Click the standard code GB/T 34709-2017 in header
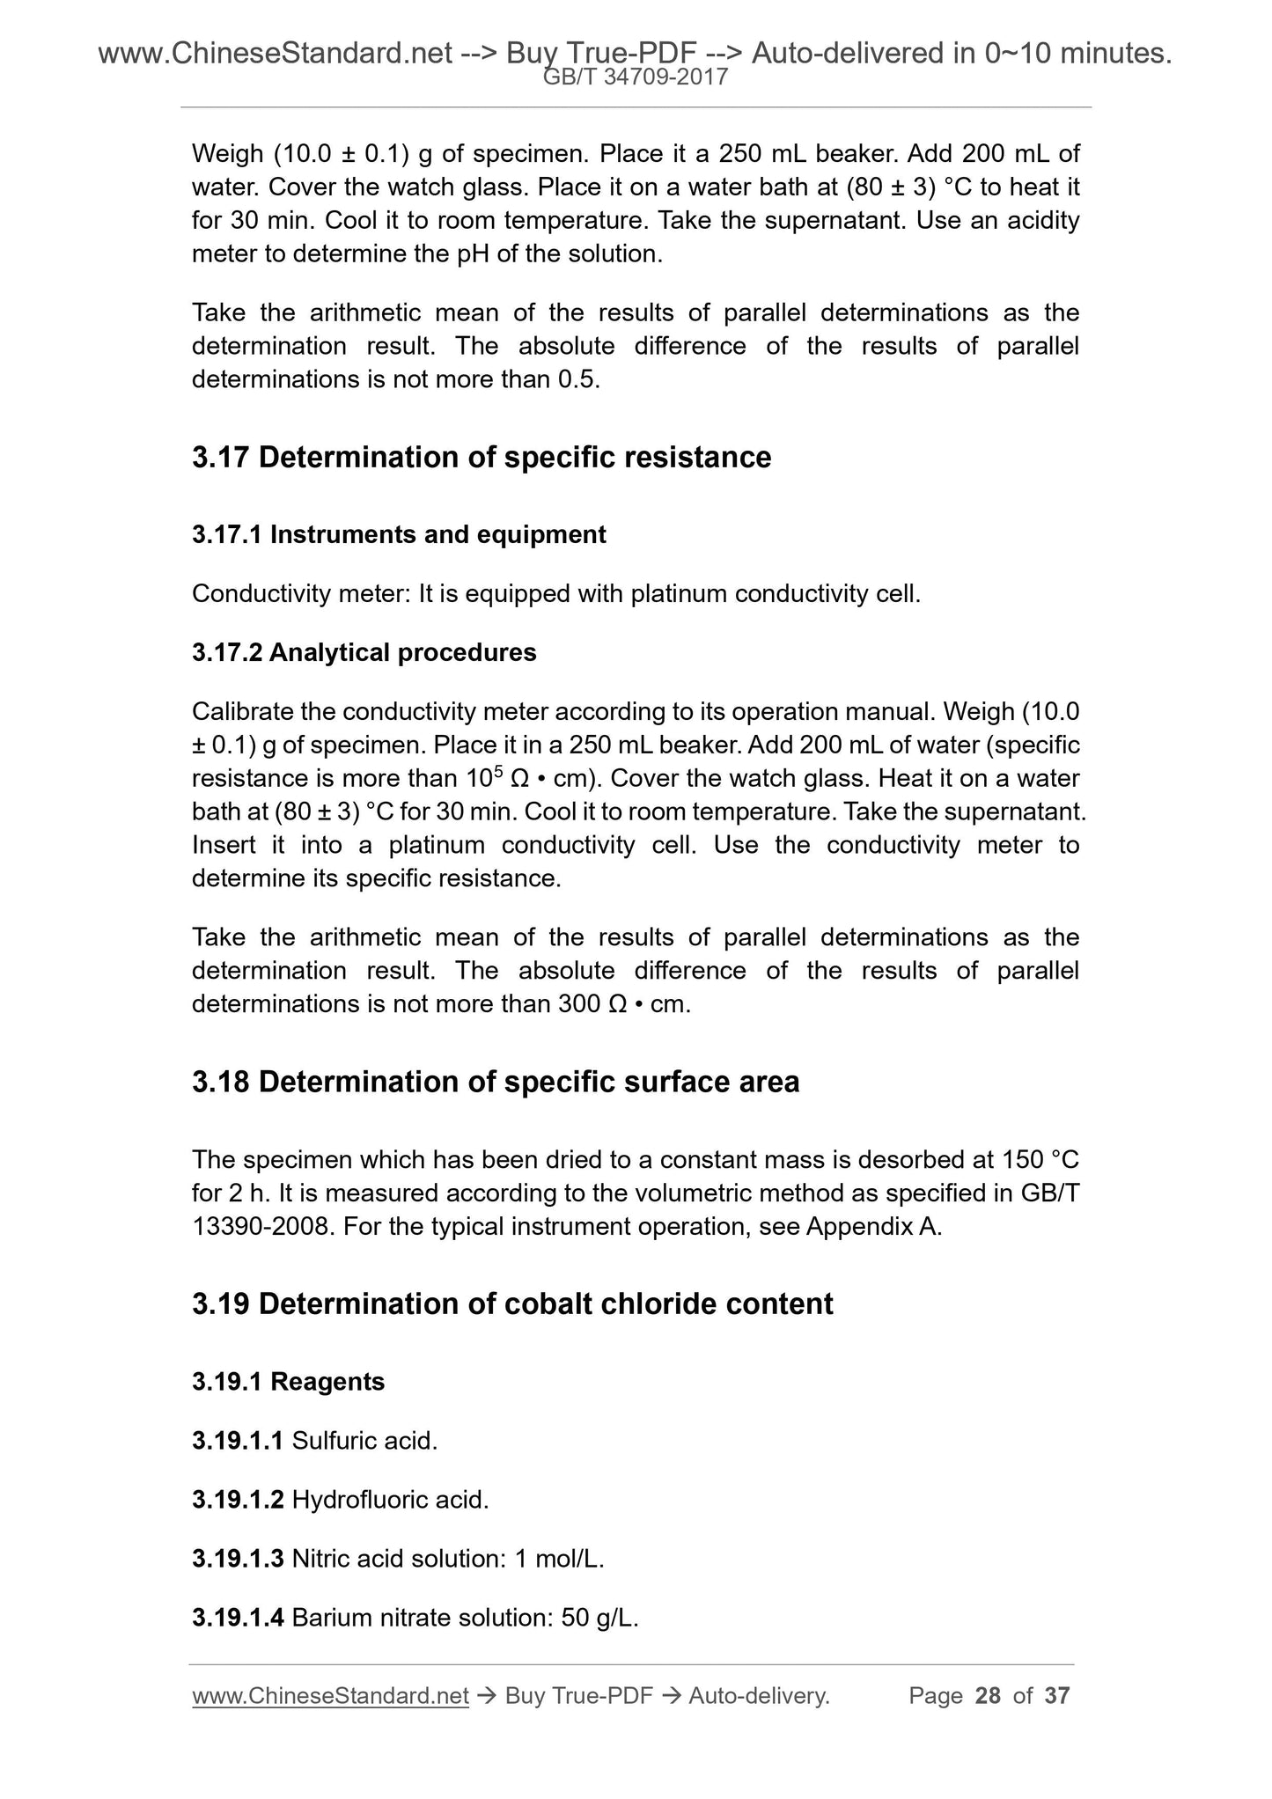click(636, 77)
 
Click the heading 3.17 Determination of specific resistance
click(482, 458)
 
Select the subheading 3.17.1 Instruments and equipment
click(399, 534)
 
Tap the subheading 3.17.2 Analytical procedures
click(364, 652)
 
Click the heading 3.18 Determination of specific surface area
click(496, 1082)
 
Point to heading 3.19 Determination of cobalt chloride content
click(512, 1303)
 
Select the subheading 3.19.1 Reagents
click(288, 1382)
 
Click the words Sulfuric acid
click(364, 1441)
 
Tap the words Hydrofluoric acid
click(390, 1500)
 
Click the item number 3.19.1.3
click(238, 1559)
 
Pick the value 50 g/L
click(599, 1618)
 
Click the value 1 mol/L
click(559, 1559)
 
